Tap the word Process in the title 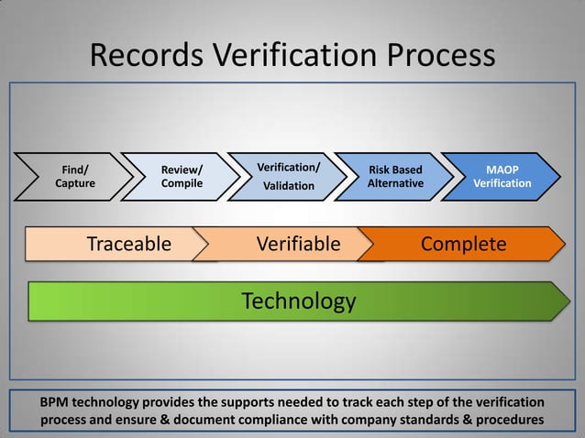438,56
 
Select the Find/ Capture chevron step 74,176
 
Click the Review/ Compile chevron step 182,176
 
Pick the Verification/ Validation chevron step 289,176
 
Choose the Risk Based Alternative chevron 395,176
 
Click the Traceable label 128,244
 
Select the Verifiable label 298,244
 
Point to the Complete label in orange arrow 463,244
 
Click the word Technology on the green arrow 298,301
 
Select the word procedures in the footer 509,420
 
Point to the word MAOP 502,170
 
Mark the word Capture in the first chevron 74,183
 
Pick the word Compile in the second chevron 182,183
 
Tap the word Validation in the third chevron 289,186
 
